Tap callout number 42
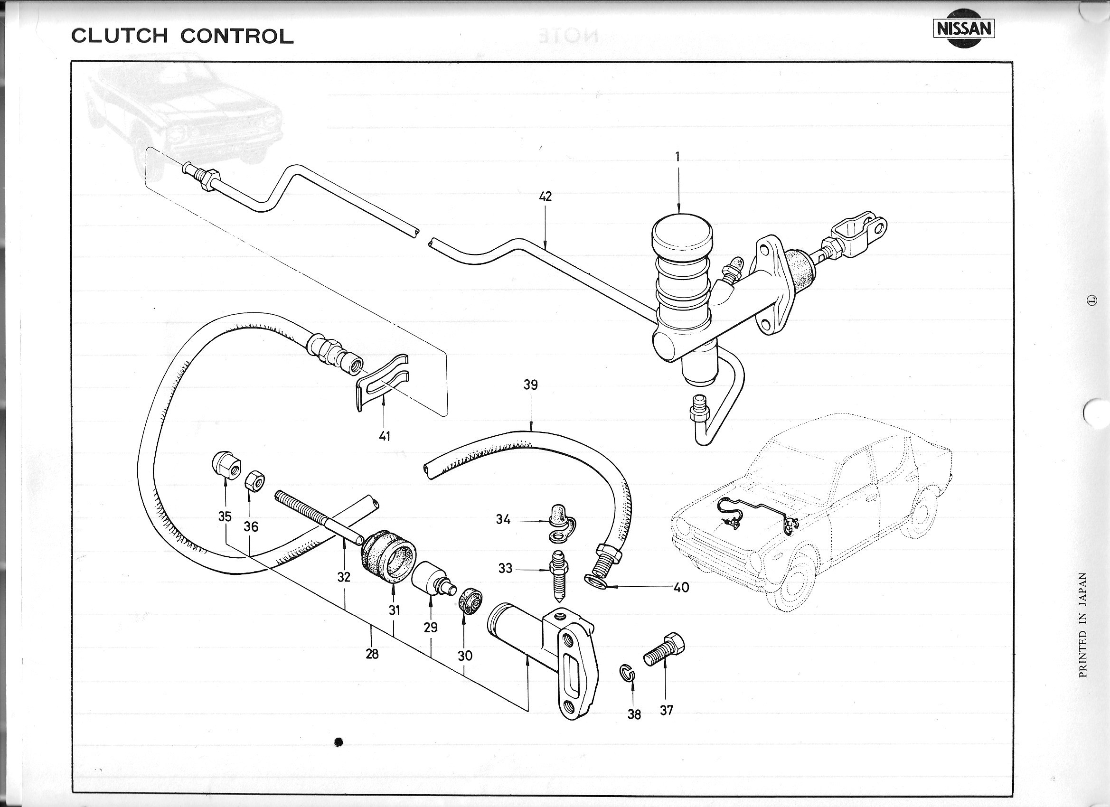click(x=545, y=196)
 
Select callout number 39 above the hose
click(x=530, y=385)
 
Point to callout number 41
click(x=385, y=436)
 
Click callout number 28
click(x=372, y=654)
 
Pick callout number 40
click(x=681, y=587)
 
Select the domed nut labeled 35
click(x=225, y=464)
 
